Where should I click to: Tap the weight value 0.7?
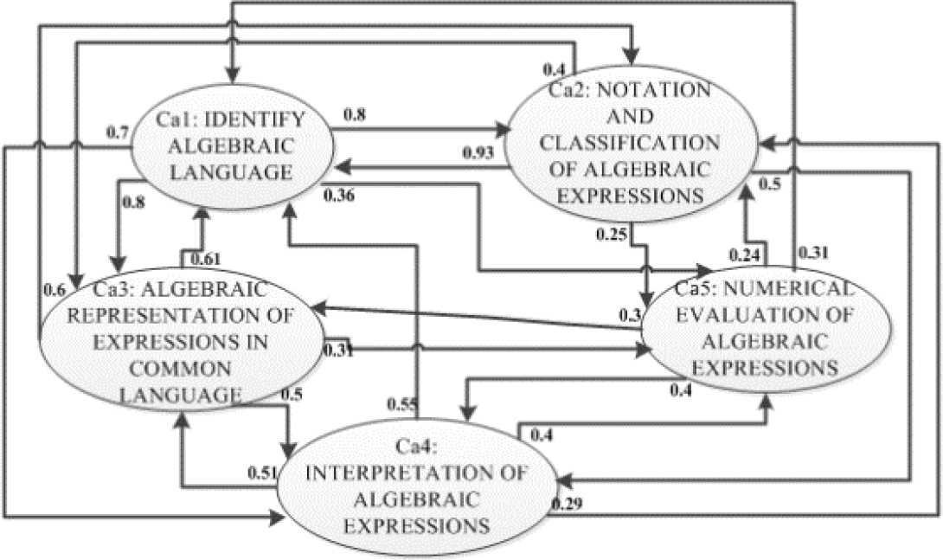click(x=117, y=132)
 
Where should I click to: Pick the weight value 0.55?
click(x=401, y=402)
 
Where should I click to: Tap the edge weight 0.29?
click(x=566, y=503)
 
